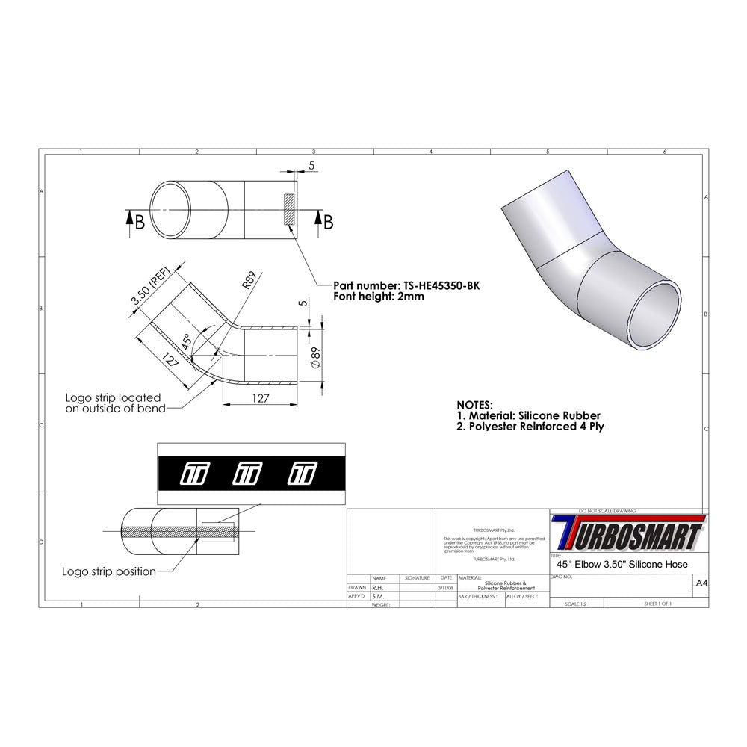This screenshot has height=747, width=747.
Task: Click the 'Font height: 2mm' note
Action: click(x=379, y=297)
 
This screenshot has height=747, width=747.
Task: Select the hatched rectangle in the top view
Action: click(x=289, y=211)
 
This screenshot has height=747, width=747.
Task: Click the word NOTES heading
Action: click(x=474, y=404)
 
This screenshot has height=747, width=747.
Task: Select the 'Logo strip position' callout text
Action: click(x=111, y=572)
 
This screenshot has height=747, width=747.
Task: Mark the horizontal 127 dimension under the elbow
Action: click(x=259, y=398)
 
